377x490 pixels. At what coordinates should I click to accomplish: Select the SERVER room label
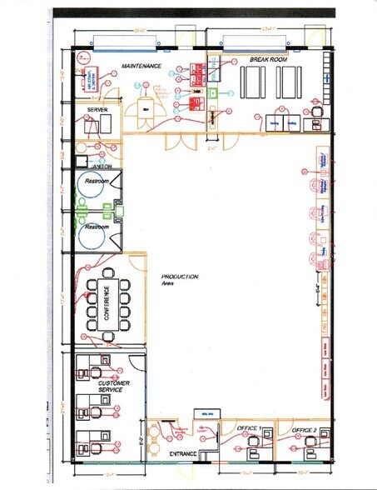pos(97,109)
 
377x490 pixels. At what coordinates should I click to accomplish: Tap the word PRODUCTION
pos(180,277)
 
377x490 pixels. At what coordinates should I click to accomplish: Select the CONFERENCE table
pos(107,304)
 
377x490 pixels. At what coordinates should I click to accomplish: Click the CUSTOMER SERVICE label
pos(113,387)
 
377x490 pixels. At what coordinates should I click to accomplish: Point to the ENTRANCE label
pos(182,453)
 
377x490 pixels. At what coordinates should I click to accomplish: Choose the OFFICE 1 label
pos(249,428)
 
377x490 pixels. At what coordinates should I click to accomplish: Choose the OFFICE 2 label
pos(304,429)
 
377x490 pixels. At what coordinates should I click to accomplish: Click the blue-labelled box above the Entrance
pos(205,414)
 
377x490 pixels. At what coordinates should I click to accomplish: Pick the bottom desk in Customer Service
pos(92,441)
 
